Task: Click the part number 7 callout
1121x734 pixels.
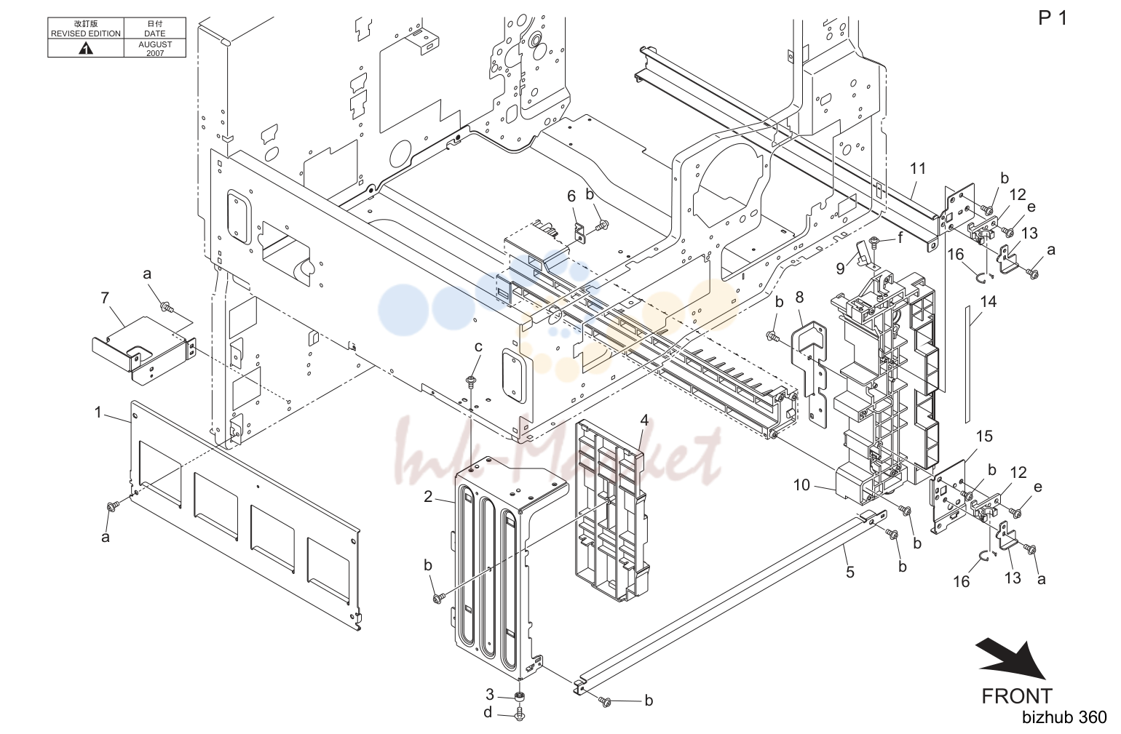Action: [105, 298]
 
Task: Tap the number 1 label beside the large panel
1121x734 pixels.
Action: [98, 412]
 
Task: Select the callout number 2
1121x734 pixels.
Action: [428, 497]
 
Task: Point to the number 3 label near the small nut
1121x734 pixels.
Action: [490, 695]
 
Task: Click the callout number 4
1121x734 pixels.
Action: [645, 420]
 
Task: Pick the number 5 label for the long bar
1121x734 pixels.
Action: [850, 572]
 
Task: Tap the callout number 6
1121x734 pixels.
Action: [571, 196]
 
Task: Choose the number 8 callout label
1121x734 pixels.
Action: [799, 298]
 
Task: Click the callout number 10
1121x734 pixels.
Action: [801, 484]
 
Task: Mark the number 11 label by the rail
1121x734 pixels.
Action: [918, 169]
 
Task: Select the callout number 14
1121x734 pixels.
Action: [989, 301]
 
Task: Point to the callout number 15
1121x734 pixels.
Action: [984, 436]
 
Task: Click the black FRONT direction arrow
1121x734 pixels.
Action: [1011, 660]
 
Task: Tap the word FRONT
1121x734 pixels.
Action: [1017, 696]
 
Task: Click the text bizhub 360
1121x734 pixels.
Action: [1064, 717]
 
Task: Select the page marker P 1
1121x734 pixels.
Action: [1053, 18]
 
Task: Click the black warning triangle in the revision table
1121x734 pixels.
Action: [86, 49]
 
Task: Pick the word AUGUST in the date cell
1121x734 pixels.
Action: [155, 44]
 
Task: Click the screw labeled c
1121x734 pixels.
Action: [471, 383]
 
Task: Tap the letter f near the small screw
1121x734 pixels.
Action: [901, 237]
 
